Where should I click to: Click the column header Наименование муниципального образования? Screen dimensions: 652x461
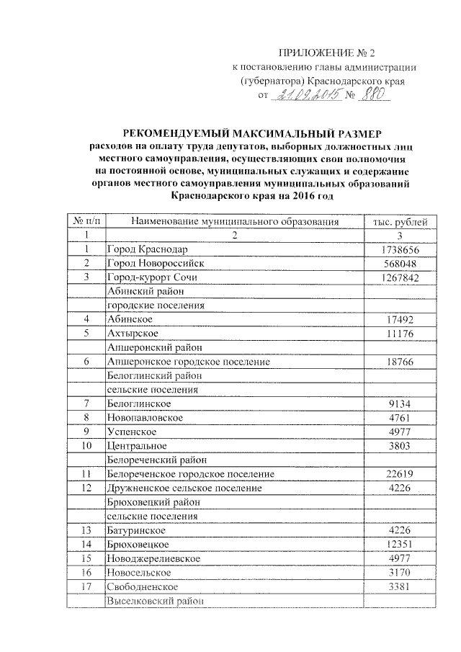point(233,222)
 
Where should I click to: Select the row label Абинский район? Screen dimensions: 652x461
point(145,291)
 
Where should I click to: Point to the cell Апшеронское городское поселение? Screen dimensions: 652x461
point(187,361)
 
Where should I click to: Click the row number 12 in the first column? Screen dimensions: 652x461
point(86,488)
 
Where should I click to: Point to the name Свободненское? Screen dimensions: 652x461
point(142,586)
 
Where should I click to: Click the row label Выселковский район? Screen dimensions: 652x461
point(154,599)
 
